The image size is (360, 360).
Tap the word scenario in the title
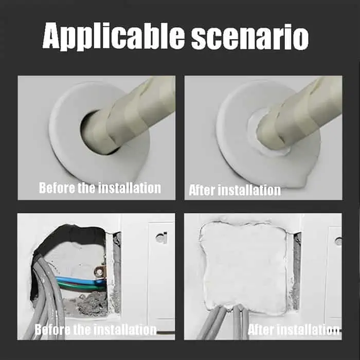(250, 37)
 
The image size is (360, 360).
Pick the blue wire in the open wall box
(78, 280)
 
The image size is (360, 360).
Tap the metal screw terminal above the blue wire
(99, 272)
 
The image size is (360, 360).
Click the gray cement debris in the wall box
(90, 302)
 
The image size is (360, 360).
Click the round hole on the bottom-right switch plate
(338, 240)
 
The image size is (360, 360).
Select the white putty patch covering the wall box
(244, 267)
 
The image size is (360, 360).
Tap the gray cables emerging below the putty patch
(226, 321)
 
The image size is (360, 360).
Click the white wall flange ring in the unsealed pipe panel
(69, 156)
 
